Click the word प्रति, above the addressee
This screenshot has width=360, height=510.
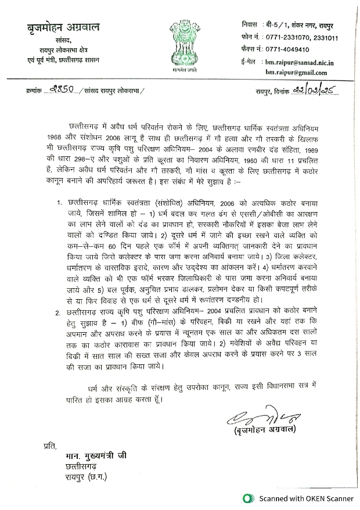(x=52, y=447)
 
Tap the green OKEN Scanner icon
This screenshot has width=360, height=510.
(x=249, y=498)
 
